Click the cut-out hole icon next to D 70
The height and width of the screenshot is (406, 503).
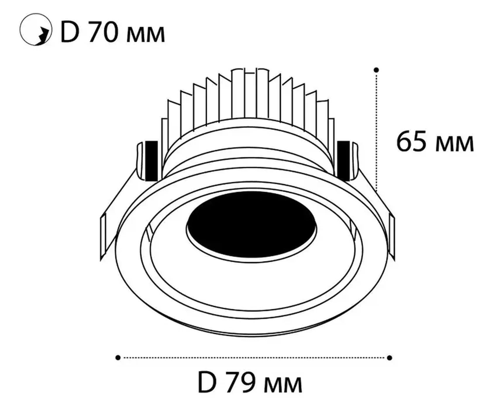(x=35, y=29)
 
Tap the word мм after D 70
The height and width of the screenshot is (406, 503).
(x=145, y=35)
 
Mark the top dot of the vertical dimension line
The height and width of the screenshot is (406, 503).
(x=376, y=70)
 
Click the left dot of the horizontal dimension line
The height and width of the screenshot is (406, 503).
(x=118, y=357)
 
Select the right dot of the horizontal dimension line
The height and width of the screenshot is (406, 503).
(x=389, y=358)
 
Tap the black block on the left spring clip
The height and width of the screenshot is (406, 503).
(x=151, y=160)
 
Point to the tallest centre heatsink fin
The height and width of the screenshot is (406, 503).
(x=250, y=94)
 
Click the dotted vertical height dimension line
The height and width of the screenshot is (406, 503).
(x=377, y=132)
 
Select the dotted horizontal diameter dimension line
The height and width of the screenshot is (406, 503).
(x=254, y=357)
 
